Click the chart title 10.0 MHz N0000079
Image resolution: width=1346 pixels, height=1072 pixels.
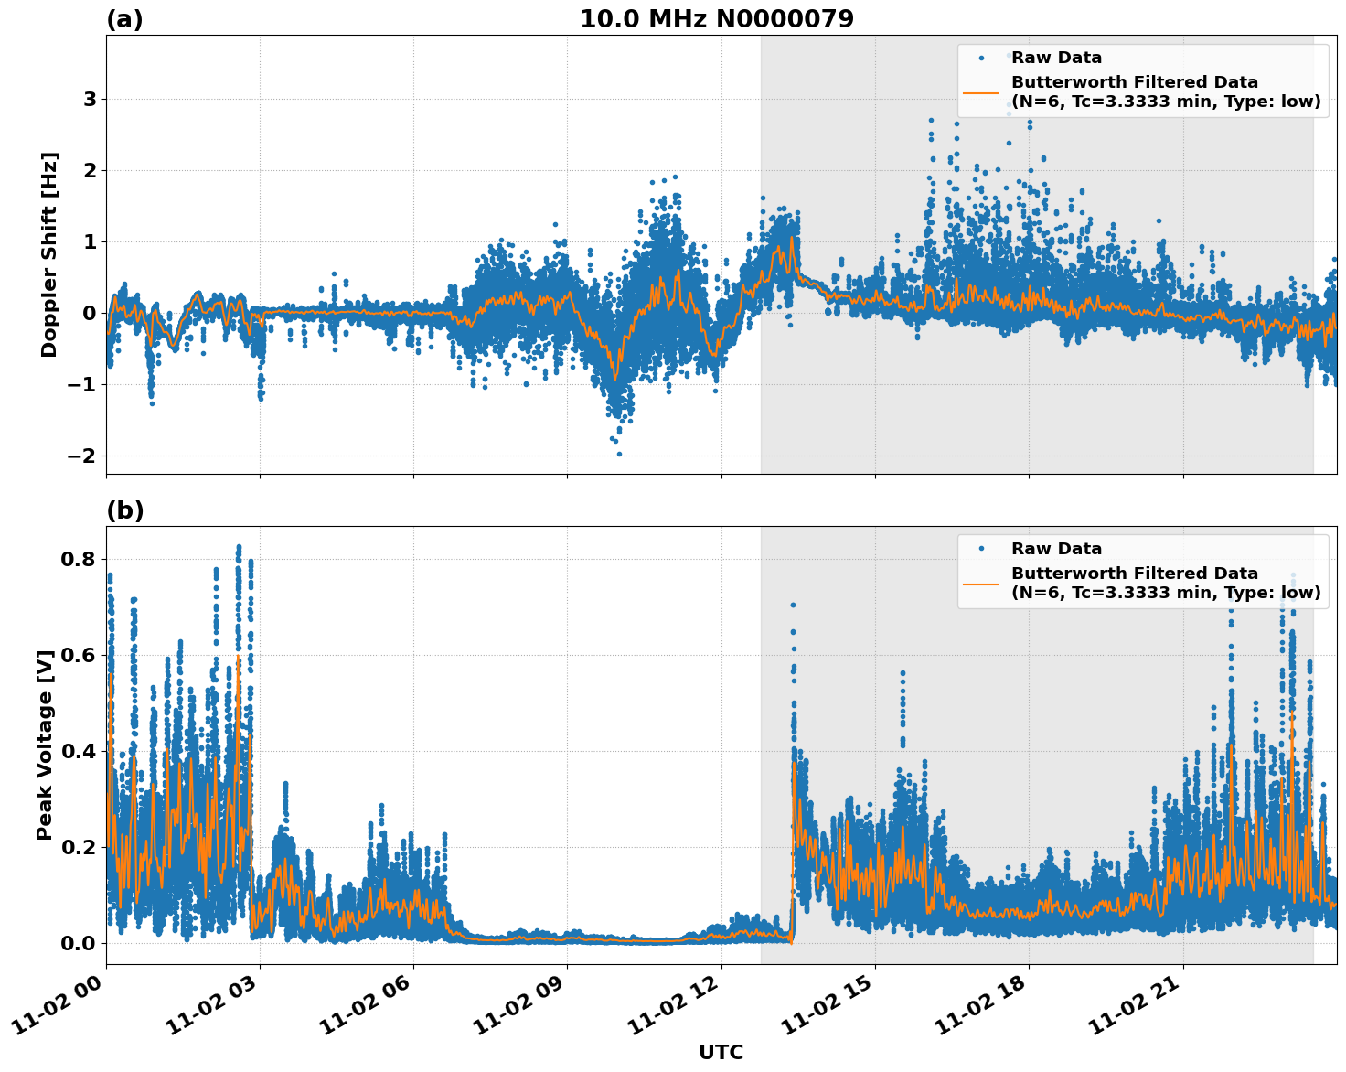[x=717, y=19]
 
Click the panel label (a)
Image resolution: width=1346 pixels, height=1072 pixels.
[x=124, y=19]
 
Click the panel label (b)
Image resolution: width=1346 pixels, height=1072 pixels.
[x=124, y=510]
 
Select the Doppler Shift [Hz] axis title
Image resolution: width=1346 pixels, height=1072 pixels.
[x=49, y=254]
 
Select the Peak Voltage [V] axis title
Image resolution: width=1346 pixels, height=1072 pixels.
[x=45, y=745]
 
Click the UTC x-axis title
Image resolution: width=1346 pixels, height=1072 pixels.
[x=721, y=1052]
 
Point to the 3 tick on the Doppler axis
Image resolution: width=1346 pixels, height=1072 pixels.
[x=90, y=99]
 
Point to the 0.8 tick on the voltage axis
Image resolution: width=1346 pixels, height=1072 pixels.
[x=79, y=559]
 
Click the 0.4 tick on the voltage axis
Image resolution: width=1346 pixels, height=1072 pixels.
[x=79, y=751]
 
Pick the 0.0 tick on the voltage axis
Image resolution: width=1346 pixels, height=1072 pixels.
[x=79, y=943]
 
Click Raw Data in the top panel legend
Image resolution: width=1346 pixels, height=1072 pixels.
[x=1056, y=59]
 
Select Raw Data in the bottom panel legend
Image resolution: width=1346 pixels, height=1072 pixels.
[x=1056, y=549]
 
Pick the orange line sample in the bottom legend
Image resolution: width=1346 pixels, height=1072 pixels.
[x=981, y=583]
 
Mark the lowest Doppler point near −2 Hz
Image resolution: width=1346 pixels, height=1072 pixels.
[x=619, y=454]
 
